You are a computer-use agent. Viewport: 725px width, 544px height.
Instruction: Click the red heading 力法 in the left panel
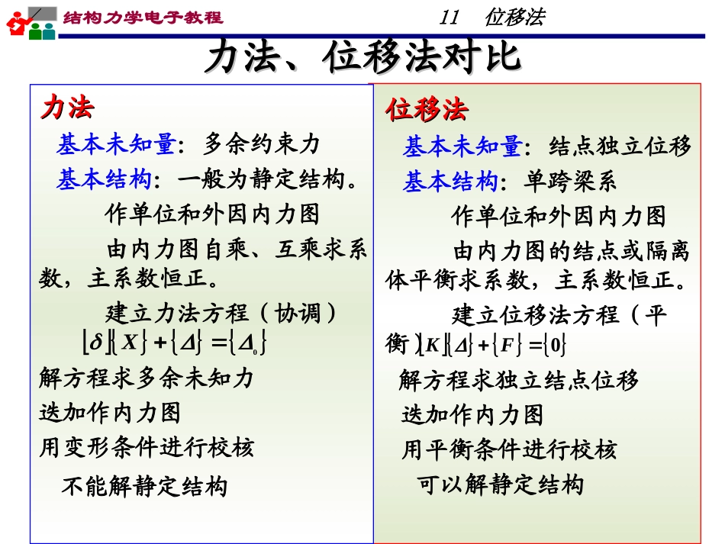click(x=67, y=108)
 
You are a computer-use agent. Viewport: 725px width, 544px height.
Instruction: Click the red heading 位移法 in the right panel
click(x=427, y=110)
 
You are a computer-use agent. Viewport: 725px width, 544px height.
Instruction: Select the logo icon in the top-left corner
click(x=31, y=22)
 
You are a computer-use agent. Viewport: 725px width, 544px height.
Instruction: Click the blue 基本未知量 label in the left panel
click(x=115, y=144)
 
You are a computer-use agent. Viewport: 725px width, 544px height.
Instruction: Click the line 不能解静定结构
click(x=144, y=486)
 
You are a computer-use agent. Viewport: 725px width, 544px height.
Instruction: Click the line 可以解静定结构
click(x=501, y=484)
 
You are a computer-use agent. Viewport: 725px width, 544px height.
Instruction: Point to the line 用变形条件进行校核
click(x=147, y=447)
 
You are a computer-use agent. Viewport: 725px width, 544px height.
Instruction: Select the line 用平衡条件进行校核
click(x=509, y=450)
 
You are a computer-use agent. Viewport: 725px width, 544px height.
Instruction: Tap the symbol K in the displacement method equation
click(x=433, y=346)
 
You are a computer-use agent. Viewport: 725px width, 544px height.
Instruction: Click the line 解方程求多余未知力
click(x=147, y=377)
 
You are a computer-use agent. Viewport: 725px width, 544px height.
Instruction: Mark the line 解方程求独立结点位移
click(x=518, y=379)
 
